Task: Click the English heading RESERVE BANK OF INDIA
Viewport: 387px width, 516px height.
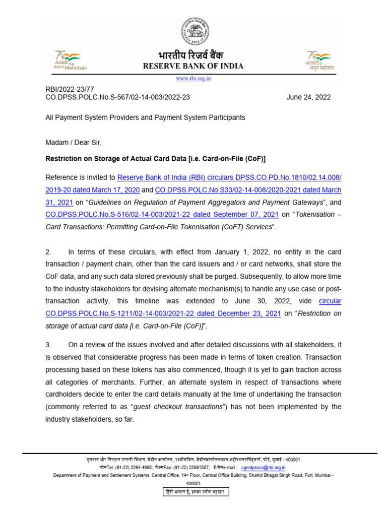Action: tap(193, 66)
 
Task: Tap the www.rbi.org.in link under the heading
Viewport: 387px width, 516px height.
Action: tap(193, 78)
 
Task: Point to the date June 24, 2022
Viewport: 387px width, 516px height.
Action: tap(308, 97)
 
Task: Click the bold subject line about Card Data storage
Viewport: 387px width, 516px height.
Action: tap(155, 159)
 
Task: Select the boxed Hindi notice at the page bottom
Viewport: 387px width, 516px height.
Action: tap(193, 491)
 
